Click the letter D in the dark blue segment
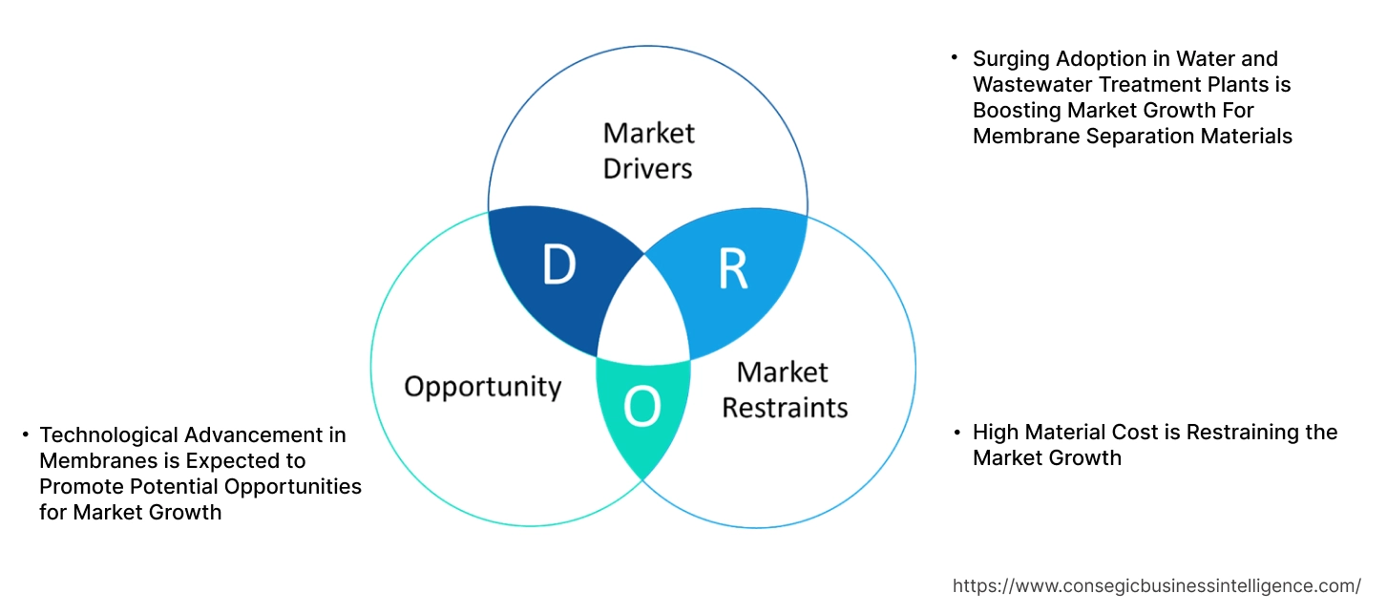pyautogui.click(x=558, y=266)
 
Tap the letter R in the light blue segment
pyautogui.click(x=732, y=270)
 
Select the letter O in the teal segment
pyautogui.click(x=641, y=409)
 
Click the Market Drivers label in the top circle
pyautogui.click(x=649, y=151)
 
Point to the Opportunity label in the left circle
pyautogui.click(x=482, y=387)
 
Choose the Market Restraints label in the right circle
pyautogui.click(x=784, y=390)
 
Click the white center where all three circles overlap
pyautogui.click(x=645, y=315)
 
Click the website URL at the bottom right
pyautogui.click(x=1157, y=585)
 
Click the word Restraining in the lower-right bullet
pyautogui.click(x=1233, y=433)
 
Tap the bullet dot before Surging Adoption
pyautogui.click(x=954, y=58)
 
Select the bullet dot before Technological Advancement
pyautogui.click(x=25, y=435)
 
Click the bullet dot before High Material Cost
pyautogui.click(x=957, y=433)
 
